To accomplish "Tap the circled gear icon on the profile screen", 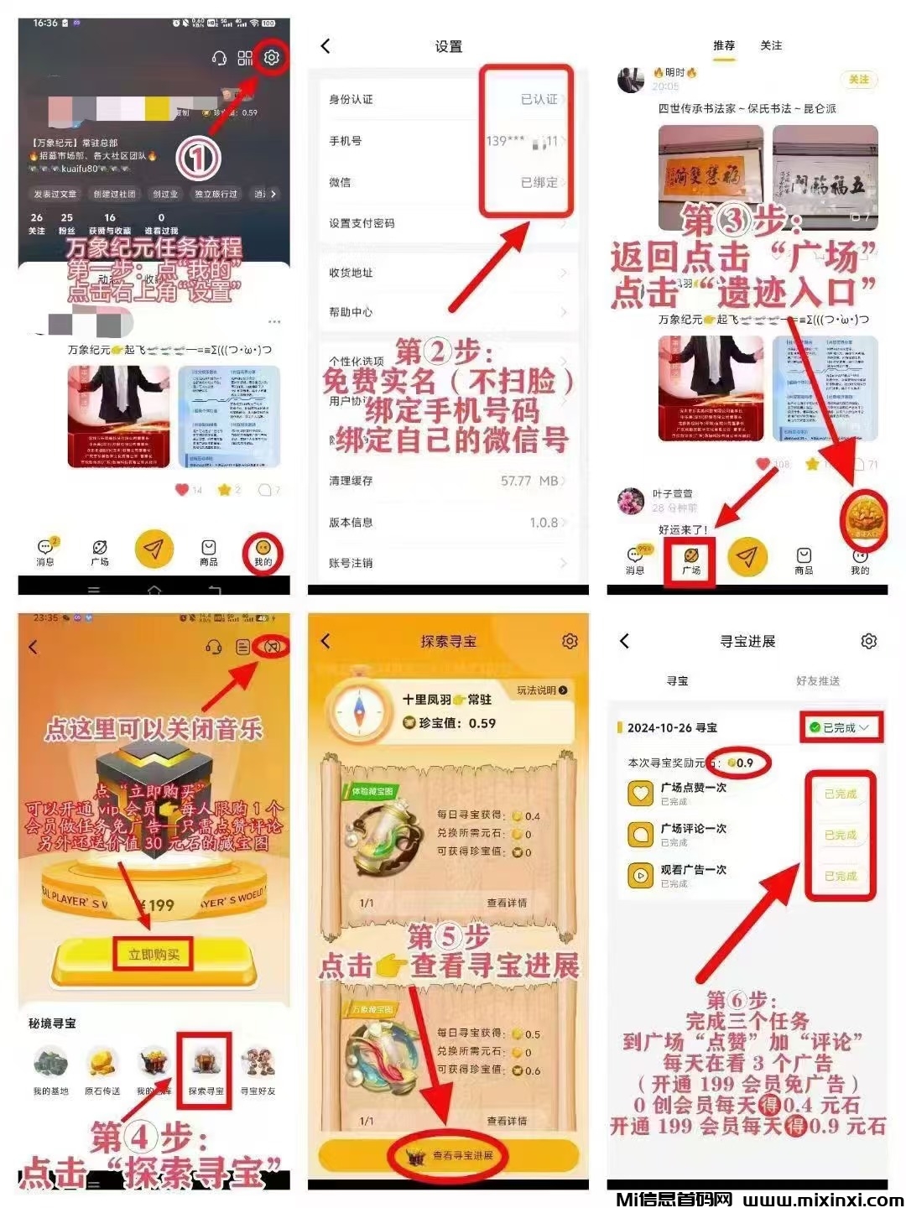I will coord(271,57).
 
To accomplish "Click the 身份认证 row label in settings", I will coord(351,99).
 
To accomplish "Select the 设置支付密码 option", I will coord(362,223).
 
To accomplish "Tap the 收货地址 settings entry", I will coord(351,273).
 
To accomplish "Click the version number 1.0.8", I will coord(544,523).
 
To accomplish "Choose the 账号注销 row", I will coord(351,563).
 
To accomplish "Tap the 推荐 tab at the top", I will coord(723,45).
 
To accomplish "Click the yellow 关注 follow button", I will coord(858,79).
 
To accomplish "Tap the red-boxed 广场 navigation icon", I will coord(691,560).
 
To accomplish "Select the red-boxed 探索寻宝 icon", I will coord(206,1070).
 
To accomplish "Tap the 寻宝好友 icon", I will coord(258,1070).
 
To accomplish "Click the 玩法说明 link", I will coord(541,690).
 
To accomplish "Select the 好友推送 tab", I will coord(817,680).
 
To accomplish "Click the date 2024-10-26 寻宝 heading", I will coord(672,727).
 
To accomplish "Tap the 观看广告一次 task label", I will coord(693,869).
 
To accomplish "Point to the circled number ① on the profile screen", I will coord(198,157).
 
